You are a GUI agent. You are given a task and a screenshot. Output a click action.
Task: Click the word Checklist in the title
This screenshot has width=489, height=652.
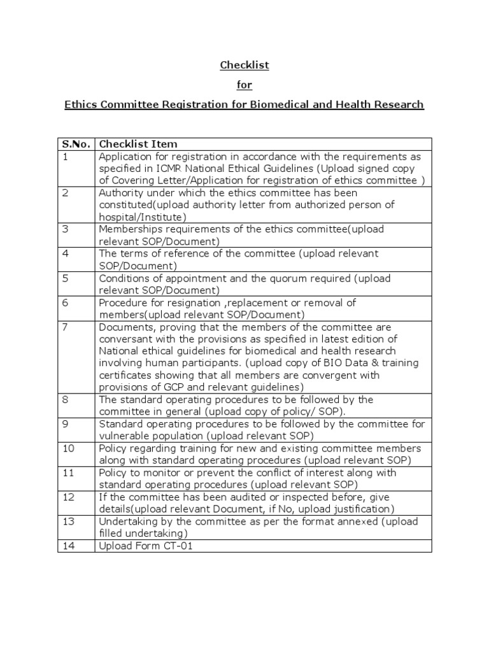click(244, 66)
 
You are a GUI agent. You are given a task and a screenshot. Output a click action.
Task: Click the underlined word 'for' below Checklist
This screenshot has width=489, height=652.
click(244, 85)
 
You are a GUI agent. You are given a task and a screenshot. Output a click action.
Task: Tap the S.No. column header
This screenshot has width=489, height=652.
click(76, 145)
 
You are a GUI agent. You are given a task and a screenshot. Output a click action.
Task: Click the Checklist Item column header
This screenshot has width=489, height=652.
click(138, 145)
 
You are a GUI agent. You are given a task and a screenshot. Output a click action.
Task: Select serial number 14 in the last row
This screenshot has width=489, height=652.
click(68, 546)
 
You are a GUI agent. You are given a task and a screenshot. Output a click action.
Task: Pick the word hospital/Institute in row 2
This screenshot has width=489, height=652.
click(140, 217)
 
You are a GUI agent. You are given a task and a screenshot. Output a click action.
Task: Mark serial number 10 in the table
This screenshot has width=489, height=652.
click(68, 448)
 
